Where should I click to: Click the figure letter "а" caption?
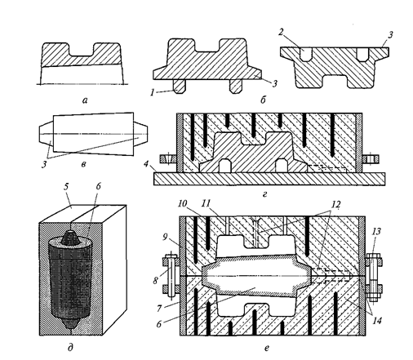tap(85, 101)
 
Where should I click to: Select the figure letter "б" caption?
tap(263, 100)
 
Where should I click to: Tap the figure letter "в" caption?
tap(84, 164)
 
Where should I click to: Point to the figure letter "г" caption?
tap(264, 194)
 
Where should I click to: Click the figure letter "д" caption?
tap(70, 347)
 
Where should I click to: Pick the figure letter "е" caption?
tap(267, 348)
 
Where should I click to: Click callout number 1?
tap(152, 92)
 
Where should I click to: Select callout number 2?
tap(282, 32)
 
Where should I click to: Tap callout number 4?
tap(146, 164)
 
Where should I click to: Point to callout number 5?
tap(66, 187)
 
